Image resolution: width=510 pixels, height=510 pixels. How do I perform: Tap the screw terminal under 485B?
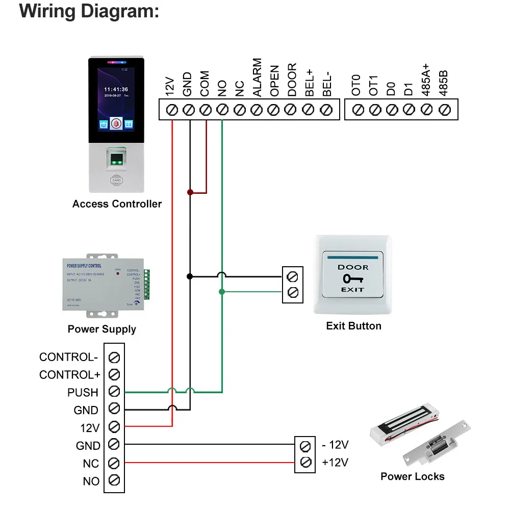(x=444, y=109)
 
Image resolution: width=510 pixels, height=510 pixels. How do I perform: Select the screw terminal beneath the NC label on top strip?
(x=240, y=109)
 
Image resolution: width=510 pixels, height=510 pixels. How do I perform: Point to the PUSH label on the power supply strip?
(x=83, y=392)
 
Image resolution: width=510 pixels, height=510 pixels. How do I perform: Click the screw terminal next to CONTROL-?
(x=114, y=357)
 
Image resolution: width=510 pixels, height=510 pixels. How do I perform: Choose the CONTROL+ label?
(x=70, y=375)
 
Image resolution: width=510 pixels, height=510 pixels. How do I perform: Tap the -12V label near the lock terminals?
(x=335, y=445)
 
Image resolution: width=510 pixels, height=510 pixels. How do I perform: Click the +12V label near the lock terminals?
(x=335, y=463)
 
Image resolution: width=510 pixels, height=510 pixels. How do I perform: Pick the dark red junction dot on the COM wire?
(x=190, y=193)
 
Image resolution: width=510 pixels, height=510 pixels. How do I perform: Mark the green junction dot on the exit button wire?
(x=222, y=292)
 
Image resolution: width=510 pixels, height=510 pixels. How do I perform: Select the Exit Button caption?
(x=353, y=325)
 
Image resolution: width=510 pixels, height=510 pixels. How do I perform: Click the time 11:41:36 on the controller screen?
(x=116, y=89)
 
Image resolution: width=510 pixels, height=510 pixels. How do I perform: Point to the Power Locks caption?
(x=412, y=476)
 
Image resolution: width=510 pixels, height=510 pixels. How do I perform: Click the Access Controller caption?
(x=117, y=204)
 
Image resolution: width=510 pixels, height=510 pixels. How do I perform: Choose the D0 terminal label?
(x=391, y=85)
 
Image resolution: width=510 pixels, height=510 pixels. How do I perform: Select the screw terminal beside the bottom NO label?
(x=114, y=480)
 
